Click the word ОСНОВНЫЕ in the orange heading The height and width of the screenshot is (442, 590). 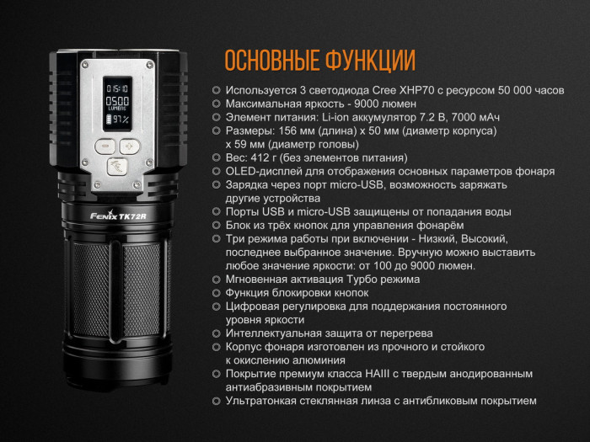click(x=269, y=61)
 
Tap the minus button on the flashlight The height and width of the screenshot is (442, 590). click(x=106, y=146)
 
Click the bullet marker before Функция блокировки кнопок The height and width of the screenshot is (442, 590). click(x=217, y=293)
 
